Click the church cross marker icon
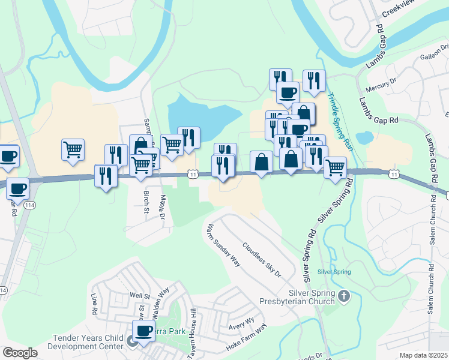coord(344,295)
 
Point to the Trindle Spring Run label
coord(339,121)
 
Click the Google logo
coord(20,353)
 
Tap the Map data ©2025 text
coord(423,355)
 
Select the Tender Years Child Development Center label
coord(88,342)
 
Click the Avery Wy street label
coord(242,325)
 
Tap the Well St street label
coord(139,296)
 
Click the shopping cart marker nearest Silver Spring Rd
coord(336,167)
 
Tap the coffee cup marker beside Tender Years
coord(144,331)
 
